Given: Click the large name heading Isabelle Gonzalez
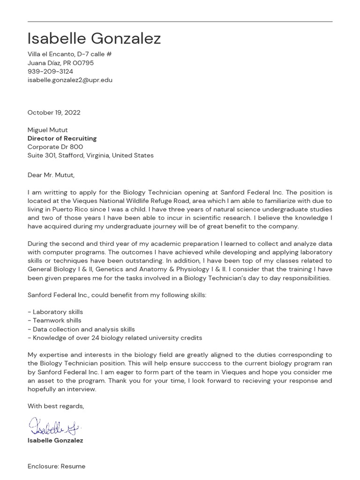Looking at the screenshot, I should tap(94, 39).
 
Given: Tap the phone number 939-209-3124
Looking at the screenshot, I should tap(50, 71).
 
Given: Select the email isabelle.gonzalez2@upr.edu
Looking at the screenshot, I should tap(70, 80).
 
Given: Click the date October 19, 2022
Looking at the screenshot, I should tap(54, 112).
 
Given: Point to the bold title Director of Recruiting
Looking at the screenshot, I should tap(62, 138).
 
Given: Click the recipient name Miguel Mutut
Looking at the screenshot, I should tap(47, 130).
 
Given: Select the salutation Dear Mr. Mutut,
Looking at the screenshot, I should tap(51, 175).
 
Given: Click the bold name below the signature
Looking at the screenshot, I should tap(55, 441).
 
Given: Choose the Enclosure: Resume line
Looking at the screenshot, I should tap(56, 466).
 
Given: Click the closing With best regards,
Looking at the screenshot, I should tap(56, 406).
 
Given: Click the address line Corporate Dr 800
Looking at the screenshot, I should tap(55, 147).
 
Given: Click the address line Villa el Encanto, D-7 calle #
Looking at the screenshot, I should tap(69, 54).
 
